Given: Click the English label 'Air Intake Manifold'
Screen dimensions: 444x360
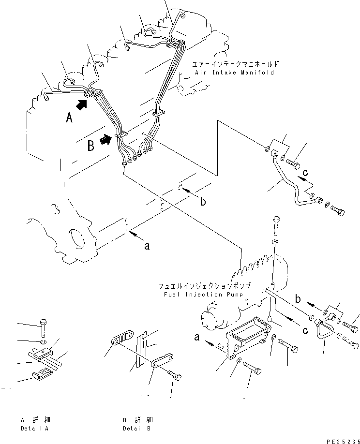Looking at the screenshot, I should click(235, 73).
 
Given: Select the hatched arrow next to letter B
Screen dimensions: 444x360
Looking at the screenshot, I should click(105, 140).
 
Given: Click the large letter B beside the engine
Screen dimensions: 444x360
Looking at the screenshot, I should click(90, 146).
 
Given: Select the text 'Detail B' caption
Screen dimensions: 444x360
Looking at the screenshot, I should click(136, 429).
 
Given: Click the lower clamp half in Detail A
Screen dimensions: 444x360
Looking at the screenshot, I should click(43, 374).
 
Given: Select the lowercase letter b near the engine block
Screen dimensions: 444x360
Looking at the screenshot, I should click(203, 201).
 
